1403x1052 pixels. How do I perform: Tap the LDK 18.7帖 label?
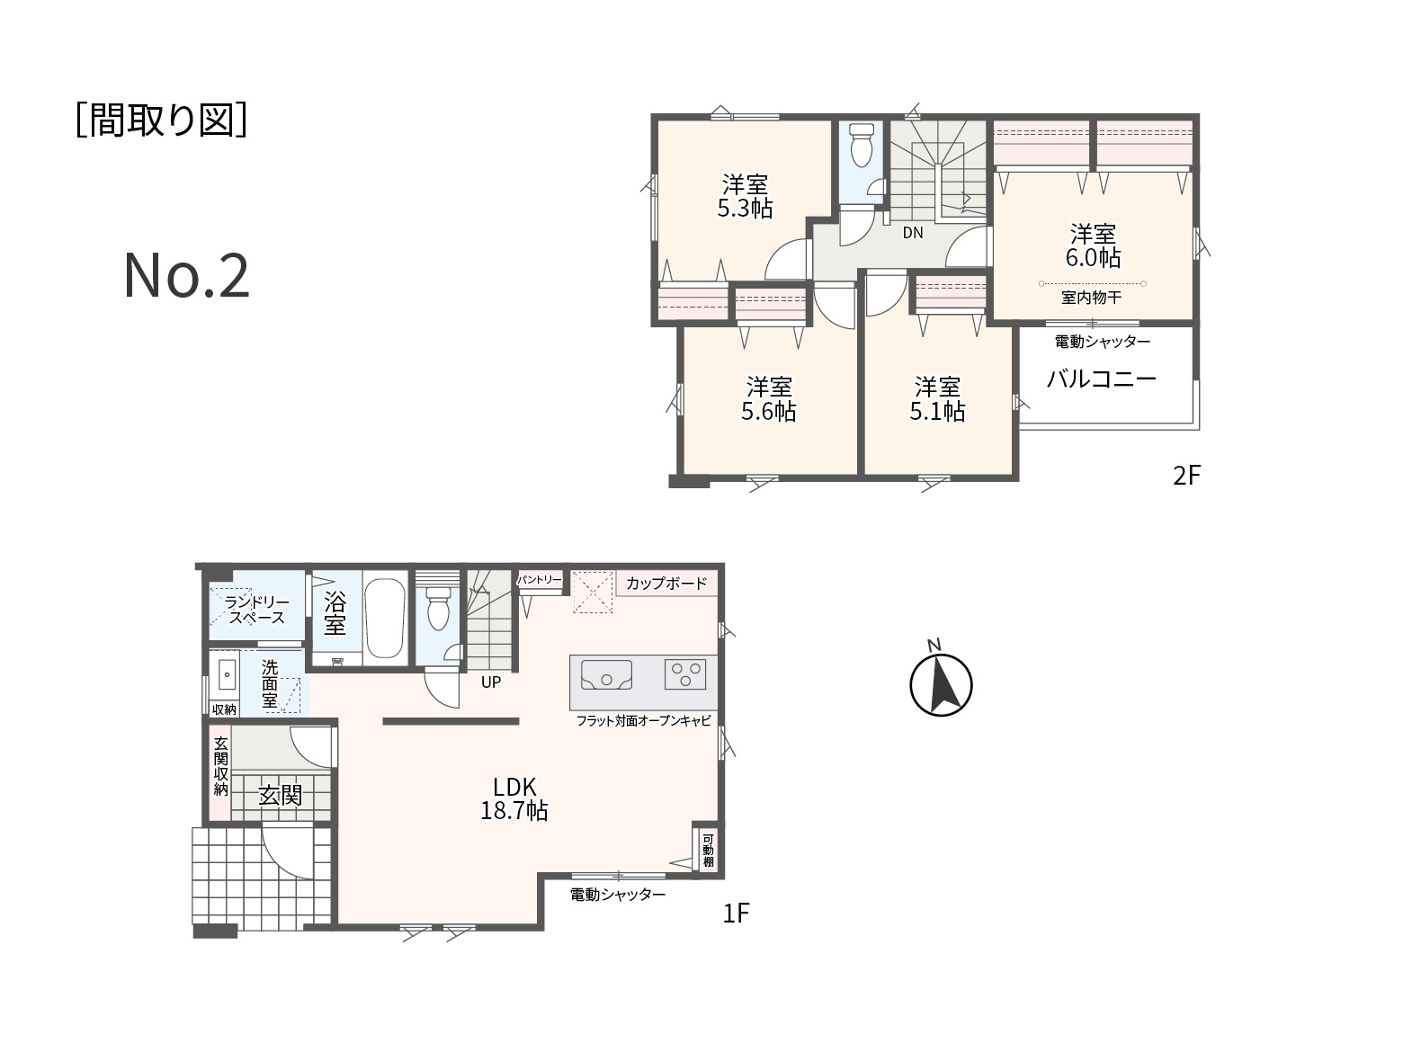514,799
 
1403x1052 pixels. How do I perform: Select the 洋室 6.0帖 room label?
1093,245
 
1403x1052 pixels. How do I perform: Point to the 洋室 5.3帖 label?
745,197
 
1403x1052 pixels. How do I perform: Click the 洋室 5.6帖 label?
768,399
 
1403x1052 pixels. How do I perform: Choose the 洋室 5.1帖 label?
937,399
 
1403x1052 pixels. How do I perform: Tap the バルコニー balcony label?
1102,379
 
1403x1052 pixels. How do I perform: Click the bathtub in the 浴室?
384,618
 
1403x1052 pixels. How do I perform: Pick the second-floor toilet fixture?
861,145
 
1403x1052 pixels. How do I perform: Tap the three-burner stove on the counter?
685,673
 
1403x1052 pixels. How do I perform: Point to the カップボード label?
666,584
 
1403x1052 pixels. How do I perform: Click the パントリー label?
540,579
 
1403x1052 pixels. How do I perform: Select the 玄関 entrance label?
280,796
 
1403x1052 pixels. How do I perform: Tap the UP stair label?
491,682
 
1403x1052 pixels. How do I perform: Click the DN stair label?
913,233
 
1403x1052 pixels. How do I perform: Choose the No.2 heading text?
186,276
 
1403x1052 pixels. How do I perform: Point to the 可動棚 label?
708,851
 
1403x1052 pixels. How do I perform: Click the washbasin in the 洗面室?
227,674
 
